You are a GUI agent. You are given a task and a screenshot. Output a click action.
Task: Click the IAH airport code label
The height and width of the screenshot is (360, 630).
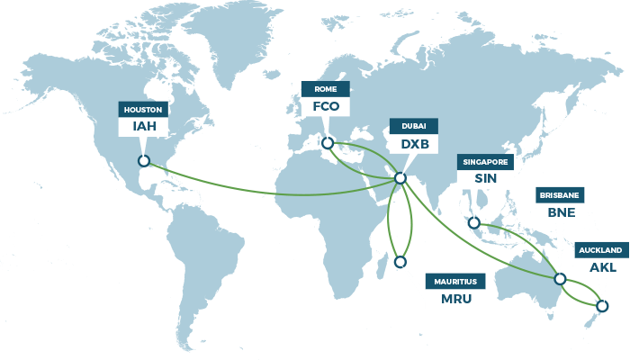[144, 126]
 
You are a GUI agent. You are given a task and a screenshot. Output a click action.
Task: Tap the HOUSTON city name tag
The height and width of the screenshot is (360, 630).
[144, 109]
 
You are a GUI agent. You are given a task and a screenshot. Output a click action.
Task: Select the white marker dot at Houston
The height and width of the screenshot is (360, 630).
[143, 161]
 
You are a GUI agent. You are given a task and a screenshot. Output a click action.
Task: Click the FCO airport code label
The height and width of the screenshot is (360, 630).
[326, 106]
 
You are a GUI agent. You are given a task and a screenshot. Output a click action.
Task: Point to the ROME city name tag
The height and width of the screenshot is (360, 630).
[326, 89]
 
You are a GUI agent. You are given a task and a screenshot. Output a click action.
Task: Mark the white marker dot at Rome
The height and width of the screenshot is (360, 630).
[328, 143]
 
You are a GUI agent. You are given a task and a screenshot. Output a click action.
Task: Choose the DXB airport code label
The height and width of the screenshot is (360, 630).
[414, 143]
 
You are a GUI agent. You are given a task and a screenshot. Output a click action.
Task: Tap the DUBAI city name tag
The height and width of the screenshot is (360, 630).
[414, 126]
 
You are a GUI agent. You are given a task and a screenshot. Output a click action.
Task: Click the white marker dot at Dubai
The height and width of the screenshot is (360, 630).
[400, 178]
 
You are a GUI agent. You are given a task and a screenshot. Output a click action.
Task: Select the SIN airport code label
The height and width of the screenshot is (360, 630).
[485, 178]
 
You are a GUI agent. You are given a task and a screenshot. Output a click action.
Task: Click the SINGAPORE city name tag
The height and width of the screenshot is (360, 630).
[485, 162]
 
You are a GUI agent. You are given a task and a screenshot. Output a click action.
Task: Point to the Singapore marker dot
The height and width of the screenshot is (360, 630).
[474, 222]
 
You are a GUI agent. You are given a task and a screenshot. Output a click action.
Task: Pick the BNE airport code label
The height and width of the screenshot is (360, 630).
[560, 212]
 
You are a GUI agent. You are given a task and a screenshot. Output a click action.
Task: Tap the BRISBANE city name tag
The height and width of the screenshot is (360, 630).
[560, 195]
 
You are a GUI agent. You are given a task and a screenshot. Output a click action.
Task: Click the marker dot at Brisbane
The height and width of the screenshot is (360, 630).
[560, 279]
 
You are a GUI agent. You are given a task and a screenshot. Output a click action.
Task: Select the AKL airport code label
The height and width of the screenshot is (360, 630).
[601, 266]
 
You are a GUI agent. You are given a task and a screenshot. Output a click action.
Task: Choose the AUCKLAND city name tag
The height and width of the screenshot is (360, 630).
[601, 249]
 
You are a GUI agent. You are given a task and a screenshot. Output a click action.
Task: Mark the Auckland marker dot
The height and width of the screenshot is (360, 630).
[602, 306]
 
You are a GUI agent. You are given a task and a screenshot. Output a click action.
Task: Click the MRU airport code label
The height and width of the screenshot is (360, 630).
[455, 299]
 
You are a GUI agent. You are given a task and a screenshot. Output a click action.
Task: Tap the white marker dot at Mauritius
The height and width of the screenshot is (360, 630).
[400, 263]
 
